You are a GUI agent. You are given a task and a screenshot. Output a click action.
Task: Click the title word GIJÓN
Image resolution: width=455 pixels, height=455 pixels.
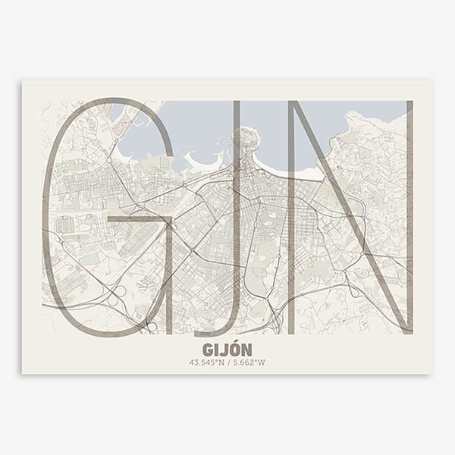tap(227, 350)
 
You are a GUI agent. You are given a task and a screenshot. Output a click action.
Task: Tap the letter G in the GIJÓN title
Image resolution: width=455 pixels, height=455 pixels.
tap(209, 350)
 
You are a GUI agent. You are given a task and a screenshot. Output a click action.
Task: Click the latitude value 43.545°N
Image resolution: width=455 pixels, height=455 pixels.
tap(206, 362)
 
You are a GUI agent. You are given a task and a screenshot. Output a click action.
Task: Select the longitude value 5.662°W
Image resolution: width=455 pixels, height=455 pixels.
tap(248, 362)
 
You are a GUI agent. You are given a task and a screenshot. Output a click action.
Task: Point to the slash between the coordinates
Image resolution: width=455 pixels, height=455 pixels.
tap(227, 362)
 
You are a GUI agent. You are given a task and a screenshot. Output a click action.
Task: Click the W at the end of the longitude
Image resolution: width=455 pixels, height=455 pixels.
tap(262, 362)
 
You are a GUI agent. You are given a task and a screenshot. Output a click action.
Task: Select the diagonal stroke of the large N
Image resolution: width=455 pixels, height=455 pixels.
tap(349, 220)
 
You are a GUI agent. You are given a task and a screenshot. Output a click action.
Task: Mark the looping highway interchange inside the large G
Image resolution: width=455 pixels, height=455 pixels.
tap(118, 292)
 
